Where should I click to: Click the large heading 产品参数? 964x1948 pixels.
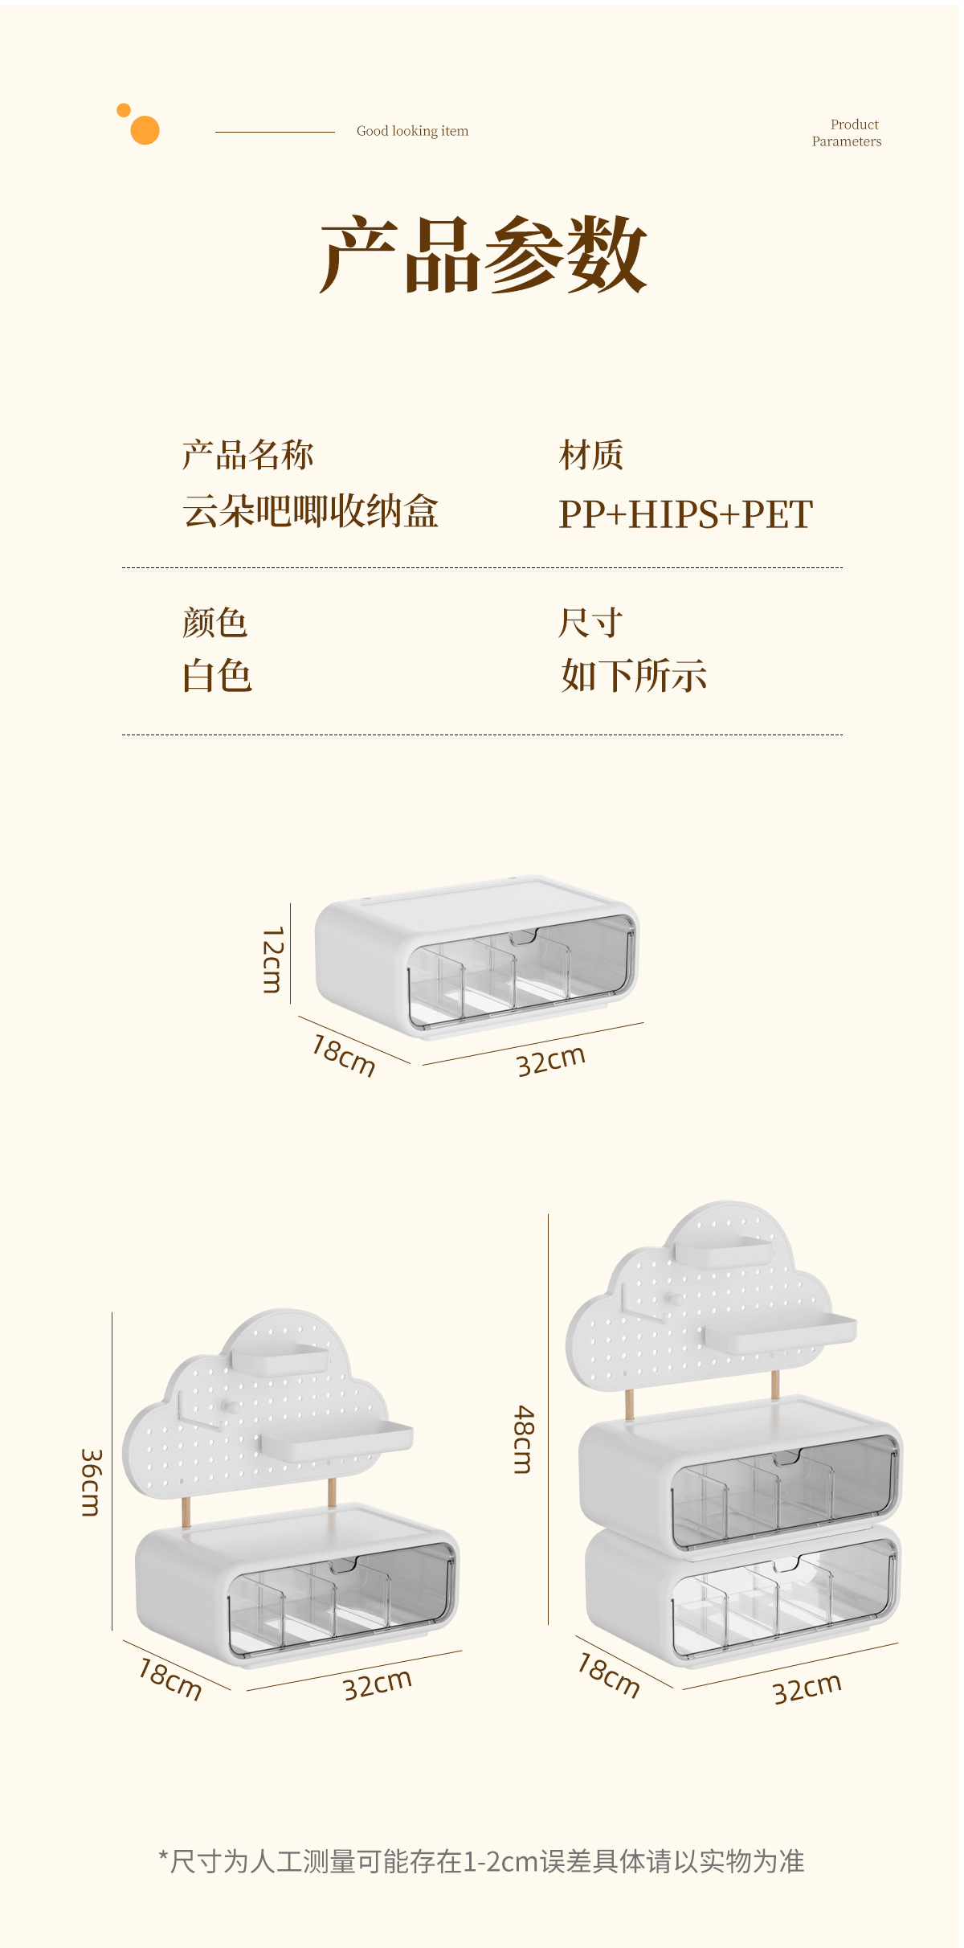[x=483, y=256]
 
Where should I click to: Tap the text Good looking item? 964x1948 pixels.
[x=412, y=131]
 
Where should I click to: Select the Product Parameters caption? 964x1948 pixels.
[x=847, y=133]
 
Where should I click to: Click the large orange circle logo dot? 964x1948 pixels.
[x=145, y=130]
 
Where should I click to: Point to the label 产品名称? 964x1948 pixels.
[x=247, y=455]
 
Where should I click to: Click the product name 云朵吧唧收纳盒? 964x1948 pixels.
[x=310, y=511]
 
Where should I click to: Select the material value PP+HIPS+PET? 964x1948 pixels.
[x=685, y=514]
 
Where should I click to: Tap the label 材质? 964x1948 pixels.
[x=591, y=455]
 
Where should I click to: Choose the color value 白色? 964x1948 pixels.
[x=217, y=676]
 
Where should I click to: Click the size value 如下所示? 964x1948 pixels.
[x=634, y=676]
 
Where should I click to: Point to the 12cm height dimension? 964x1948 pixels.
[x=273, y=960]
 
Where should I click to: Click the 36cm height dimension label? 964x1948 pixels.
[x=91, y=1483]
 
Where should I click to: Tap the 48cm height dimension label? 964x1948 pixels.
[x=523, y=1439]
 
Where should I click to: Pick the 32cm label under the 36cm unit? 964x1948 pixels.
[x=377, y=1684]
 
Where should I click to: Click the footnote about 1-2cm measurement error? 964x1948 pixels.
[x=482, y=1861]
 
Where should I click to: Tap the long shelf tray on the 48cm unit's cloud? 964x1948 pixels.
[x=780, y=1332]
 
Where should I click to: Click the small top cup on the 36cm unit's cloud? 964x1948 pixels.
[x=280, y=1358]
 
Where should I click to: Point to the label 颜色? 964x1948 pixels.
[x=214, y=623]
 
